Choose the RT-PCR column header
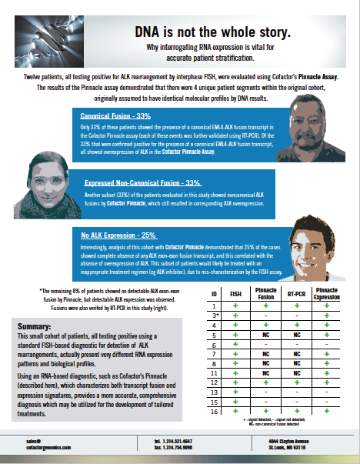point(296,294)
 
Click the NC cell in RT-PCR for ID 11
point(296,373)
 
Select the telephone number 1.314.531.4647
point(178,440)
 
